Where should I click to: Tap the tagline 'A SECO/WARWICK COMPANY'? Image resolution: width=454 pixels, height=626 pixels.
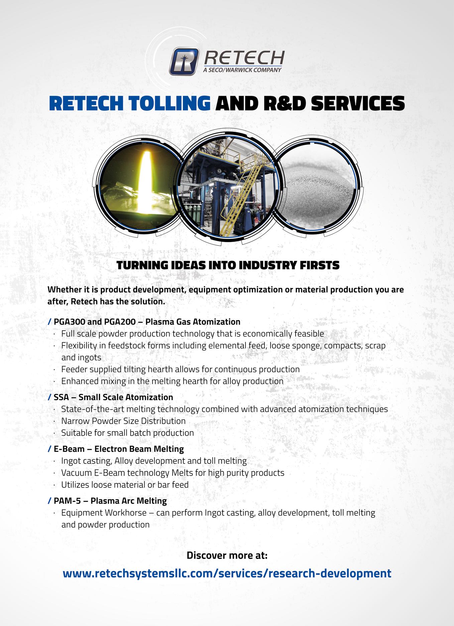click(242, 70)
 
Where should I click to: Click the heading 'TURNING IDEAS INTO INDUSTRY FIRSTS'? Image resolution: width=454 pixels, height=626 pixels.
click(228, 265)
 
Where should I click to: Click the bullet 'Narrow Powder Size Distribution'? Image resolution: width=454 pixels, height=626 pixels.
click(123, 421)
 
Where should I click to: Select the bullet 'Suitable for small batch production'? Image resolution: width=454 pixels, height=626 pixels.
click(127, 433)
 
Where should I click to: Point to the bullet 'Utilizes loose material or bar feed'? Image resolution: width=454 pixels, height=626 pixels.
click(125, 485)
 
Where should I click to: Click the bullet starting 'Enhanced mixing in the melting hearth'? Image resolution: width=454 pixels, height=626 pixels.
click(172, 381)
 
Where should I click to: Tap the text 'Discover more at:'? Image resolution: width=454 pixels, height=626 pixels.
click(227, 555)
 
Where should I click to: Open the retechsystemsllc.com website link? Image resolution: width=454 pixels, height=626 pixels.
click(227, 574)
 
